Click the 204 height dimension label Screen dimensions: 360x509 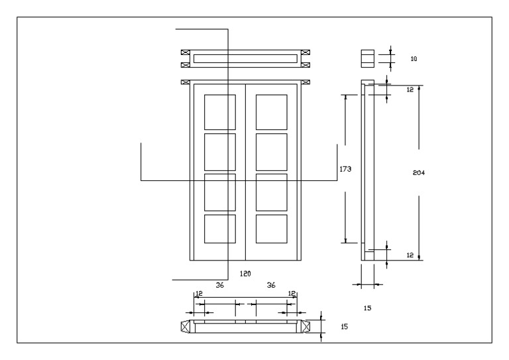click(x=418, y=172)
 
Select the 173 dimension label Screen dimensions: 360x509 click(x=345, y=169)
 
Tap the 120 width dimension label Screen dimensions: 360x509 click(x=245, y=273)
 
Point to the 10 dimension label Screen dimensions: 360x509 click(x=414, y=59)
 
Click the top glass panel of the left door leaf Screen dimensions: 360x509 click(x=219, y=111)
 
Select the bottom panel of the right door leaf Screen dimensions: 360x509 click(x=271, y=229)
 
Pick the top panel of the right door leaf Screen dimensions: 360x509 click(x=271, y=111)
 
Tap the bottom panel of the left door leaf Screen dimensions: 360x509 click(x=219, y=229)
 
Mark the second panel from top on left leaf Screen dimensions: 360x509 click(x=219, y=151)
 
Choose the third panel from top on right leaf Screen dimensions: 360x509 click(x=271, y=191)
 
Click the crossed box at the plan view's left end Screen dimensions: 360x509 click(x=186, y=326)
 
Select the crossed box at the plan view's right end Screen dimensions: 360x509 click(x=306, y=326)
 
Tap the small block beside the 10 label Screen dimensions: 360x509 click(x=367, y=58)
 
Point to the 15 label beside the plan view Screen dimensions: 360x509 click(x=343, y=327)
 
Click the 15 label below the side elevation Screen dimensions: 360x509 click(x=368, y=308)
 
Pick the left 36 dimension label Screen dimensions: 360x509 click(x=220, y=284)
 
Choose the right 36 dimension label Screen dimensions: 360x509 click(x=270, y=284)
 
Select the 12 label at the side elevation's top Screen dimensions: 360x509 click(x=410, y=89)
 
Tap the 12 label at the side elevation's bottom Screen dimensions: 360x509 click(x=410, y=255)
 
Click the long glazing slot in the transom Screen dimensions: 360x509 click(x=245, y=58)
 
